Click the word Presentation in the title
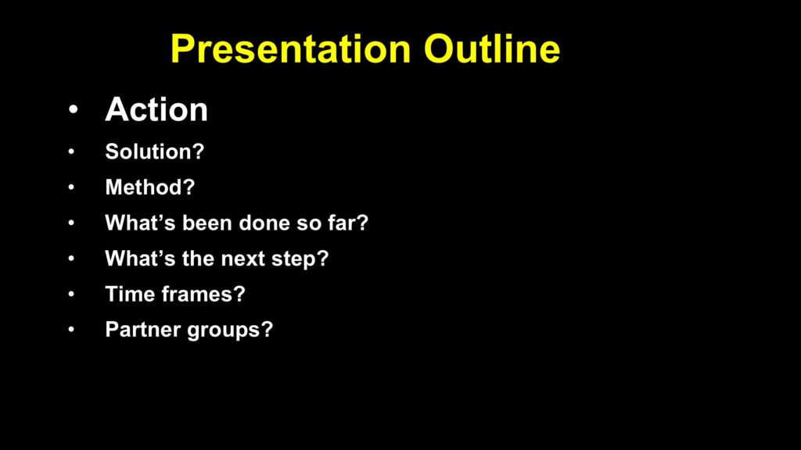click(x=291, y=49)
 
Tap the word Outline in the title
click(x=492, y=49)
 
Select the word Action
click(x=156, y=109)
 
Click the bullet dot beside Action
click(x=74, y=109)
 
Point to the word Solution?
click(x=155, y=152)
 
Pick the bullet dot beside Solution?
click(x=71, y=152)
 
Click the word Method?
click(x=150, y=187)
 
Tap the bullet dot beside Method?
click(x=71, y=187)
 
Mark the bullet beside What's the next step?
click(x=71, y=258)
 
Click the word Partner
click(x=143, y=330)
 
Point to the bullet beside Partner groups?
click(x=71, y=330)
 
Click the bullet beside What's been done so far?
click(x=71, y=223)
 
